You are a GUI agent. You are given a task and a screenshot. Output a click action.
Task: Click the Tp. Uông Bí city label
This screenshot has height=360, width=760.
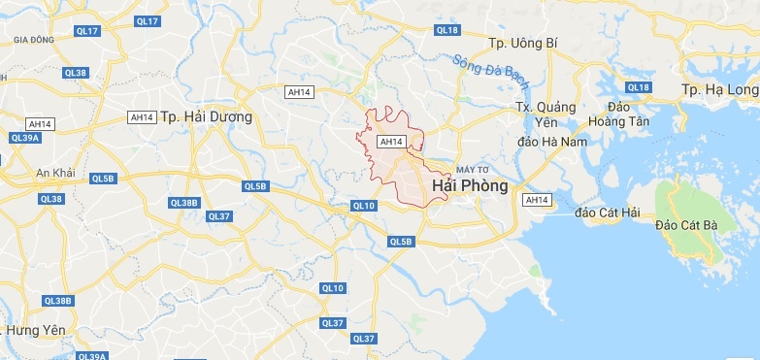tap(525, 44)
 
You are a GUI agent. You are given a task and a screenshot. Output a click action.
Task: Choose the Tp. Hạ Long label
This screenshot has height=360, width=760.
tap(719, 90)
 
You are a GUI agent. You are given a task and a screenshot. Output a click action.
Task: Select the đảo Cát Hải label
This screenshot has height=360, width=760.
tap(606, 212)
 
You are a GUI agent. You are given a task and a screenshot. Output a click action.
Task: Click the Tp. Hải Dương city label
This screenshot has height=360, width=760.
tap(205, 116)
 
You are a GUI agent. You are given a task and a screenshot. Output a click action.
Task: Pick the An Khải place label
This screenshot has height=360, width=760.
tap(55, 172)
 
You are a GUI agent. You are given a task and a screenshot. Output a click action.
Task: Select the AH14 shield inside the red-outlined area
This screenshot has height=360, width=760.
tap(390, 142)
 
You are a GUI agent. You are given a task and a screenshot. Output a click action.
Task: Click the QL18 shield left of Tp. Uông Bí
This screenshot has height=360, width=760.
tap(447, 30)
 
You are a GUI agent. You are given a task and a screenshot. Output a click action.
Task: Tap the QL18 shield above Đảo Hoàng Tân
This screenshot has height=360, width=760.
tap(639, 87)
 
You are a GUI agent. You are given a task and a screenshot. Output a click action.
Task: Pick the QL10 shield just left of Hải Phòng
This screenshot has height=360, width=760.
tap(363, 206)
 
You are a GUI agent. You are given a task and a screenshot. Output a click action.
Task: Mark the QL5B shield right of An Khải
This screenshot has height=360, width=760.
tap(103, 179)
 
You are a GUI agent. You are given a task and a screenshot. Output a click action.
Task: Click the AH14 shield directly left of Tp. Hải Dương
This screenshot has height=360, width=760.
tap(142, 117)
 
